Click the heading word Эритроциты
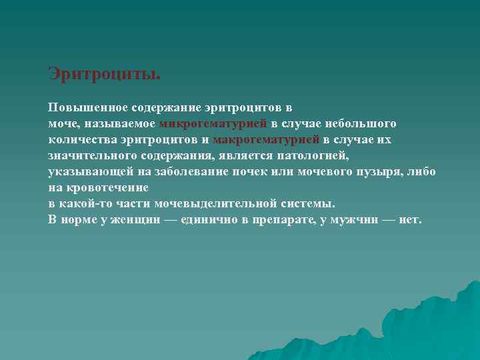tap(104, 73)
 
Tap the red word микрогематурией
tap(213, 123)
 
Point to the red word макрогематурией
tap(266, 139)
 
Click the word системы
tap(305, 204)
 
